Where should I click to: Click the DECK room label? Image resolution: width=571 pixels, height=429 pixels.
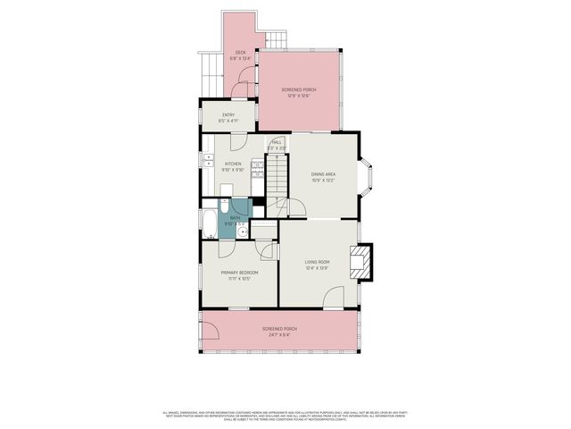coord(240,53)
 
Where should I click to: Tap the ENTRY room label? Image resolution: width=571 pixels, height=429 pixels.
coord(228,114)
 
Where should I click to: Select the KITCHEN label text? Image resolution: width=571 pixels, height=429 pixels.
coord(233,164)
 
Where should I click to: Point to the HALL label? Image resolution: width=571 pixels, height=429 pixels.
coord(277,142)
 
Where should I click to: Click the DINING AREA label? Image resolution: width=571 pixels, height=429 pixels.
coord(324,174)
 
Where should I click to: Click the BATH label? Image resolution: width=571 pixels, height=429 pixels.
coord(236,217)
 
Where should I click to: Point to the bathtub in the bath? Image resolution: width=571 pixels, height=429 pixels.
coord(209,224)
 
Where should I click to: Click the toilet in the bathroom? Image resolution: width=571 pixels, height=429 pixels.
coord(223,206)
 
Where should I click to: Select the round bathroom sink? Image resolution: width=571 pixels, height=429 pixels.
coord(244,231)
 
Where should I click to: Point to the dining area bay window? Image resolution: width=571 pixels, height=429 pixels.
coord(368,176)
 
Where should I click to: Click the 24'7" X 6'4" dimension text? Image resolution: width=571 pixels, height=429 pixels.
coord(279,335)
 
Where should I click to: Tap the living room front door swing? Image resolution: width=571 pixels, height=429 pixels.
coord(335,299)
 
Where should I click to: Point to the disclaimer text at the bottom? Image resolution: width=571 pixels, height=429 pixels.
coord(285,415)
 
